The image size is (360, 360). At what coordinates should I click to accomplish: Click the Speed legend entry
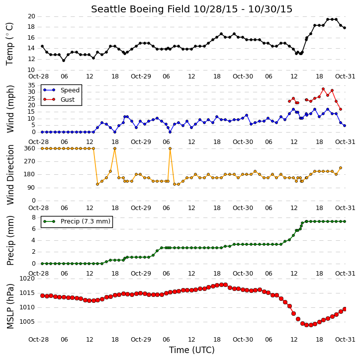click(x=61, y=90)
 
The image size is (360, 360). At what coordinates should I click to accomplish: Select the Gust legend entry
click(x=59, y=100)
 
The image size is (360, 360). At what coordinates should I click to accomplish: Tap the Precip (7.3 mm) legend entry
click(x=77, y=221)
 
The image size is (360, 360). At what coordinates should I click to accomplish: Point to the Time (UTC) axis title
click(x=192, y=350)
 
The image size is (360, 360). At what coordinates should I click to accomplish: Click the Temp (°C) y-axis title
click(x=9, y=44)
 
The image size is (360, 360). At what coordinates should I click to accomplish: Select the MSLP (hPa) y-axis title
click(x=10, y=306)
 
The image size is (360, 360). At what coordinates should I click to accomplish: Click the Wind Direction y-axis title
click(x=10, y=174)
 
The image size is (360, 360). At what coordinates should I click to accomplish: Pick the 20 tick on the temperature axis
click(x=31, y=16)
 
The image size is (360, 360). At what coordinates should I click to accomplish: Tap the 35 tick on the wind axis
click(x=31, y=85)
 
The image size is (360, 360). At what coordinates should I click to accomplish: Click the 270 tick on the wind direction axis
click(x=30, y=161)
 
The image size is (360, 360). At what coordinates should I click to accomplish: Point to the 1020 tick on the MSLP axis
click(x=27, y=279)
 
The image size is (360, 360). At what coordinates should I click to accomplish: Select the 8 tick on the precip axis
click(x=33, y=217)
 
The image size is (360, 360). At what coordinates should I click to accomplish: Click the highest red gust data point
click(x=323, y=89)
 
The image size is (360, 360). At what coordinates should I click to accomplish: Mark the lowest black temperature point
click(x=64, y=61)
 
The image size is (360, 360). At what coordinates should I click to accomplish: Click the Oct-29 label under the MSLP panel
click(x=141, y=339)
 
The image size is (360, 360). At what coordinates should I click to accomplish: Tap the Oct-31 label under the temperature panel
click(x=345, y=76)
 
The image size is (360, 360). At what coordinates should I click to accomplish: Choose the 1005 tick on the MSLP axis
click(x=27, y=322)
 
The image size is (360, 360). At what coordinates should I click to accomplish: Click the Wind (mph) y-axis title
click(x=10, y=109)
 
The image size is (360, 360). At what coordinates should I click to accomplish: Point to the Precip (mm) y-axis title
click(x=10, y=241)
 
